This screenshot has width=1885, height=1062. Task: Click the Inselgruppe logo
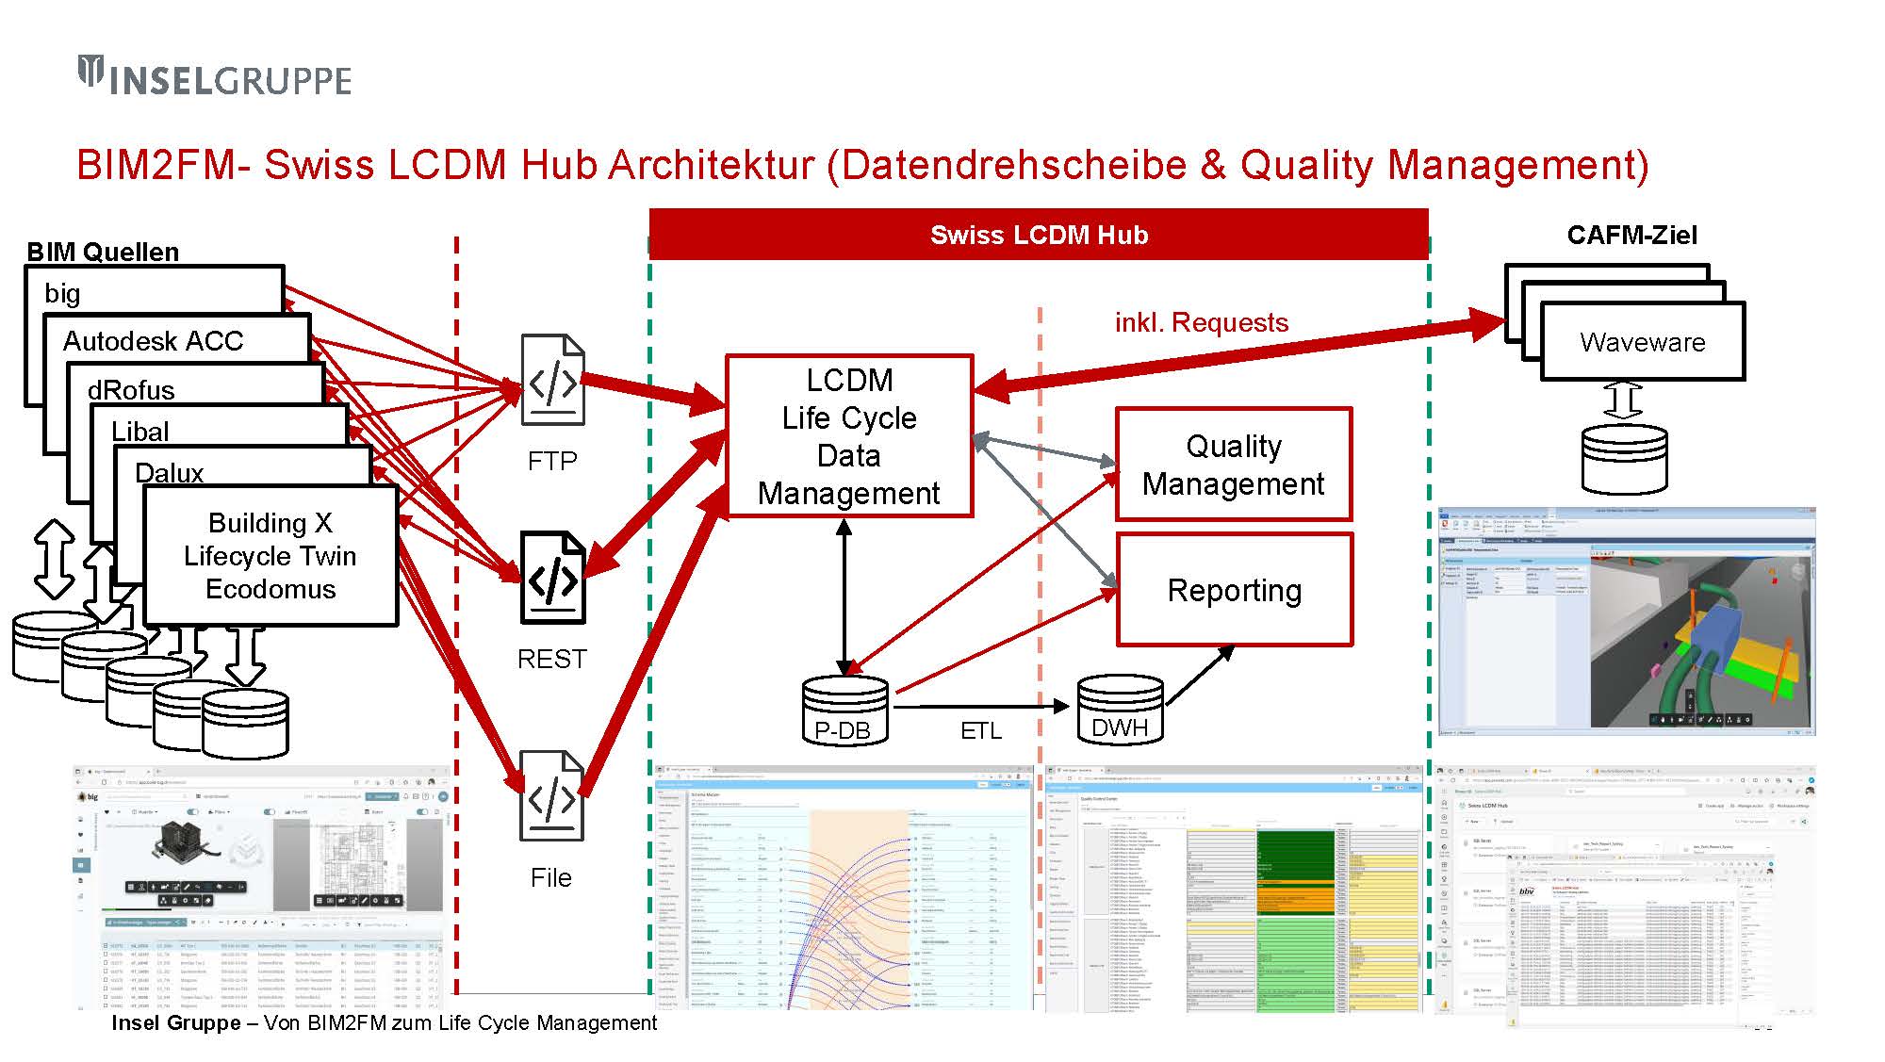point(215,76)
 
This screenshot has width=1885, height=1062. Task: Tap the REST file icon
point(553,577)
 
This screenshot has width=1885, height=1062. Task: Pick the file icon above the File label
point(552,796)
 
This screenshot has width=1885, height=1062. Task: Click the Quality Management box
point(1233,464)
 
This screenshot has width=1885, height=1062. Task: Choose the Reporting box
point(1234,590)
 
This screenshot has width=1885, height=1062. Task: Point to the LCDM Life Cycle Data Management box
point(848,436)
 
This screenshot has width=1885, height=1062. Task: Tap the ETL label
point(980,730)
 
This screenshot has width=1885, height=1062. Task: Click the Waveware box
point(1643,342)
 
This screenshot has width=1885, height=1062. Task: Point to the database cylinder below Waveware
point(1624,460)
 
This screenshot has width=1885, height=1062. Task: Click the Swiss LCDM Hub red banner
point(1039,235)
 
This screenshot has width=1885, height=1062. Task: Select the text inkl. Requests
point(1201,322)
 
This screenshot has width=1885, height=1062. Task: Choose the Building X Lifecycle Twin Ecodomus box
point(270,556)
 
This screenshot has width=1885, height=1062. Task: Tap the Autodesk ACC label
point(154,340)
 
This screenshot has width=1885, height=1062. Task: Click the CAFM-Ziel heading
point(1631,235)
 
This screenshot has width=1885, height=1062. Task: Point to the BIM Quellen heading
point(103,252)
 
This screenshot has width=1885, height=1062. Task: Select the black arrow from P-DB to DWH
point(980,706)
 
